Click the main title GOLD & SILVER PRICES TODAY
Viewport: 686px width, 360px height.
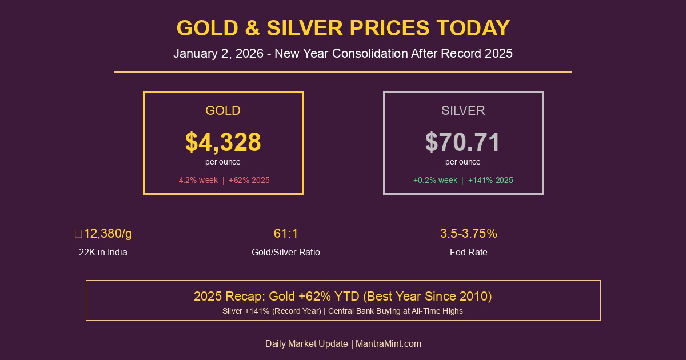pyautogui.click(x=343, y=28)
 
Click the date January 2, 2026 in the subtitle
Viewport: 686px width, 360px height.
pyautogui.click(x=218, y=54)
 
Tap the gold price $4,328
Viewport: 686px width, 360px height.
pyautogui.click(x=223, y=142)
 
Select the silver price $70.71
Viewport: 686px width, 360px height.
pyautogui.click(x=463, y=142)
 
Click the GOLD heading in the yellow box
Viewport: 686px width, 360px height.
pyautogui.click(x=223, y=111)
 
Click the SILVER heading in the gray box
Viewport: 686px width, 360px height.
pyautogui.click(x=463, y=111)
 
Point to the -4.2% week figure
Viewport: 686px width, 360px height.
pyautogui.click(x=197, y=180)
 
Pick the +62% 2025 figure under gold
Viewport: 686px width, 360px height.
pyautogui.click(x=249, y=180)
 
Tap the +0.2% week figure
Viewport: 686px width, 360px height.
pyautogui.click(x=435, y=180)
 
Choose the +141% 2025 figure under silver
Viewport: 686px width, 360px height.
pyautogui.click(x=490, y=180)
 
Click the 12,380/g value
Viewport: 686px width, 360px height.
pyautogui.click(x=107, y=234)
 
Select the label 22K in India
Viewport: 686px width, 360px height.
pyautogui.click(x=103, y=252)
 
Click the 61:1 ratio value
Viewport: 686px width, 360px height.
pyautogui.click(x=286, y=234)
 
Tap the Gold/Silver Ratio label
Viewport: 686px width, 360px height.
pyautogui.click(x=286, y=252)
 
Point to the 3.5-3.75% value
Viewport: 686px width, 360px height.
pyautogui.click(x=469, y=234)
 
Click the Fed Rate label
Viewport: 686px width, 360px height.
pyautogui.click(x=469, y=252)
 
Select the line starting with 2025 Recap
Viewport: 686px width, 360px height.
pyautogui.click(x=343, y=297)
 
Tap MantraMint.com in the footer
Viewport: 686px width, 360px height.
pyautogui.click(x=389, y=344)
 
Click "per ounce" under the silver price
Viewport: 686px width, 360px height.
pyautogui.click(x=463, y=162)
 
